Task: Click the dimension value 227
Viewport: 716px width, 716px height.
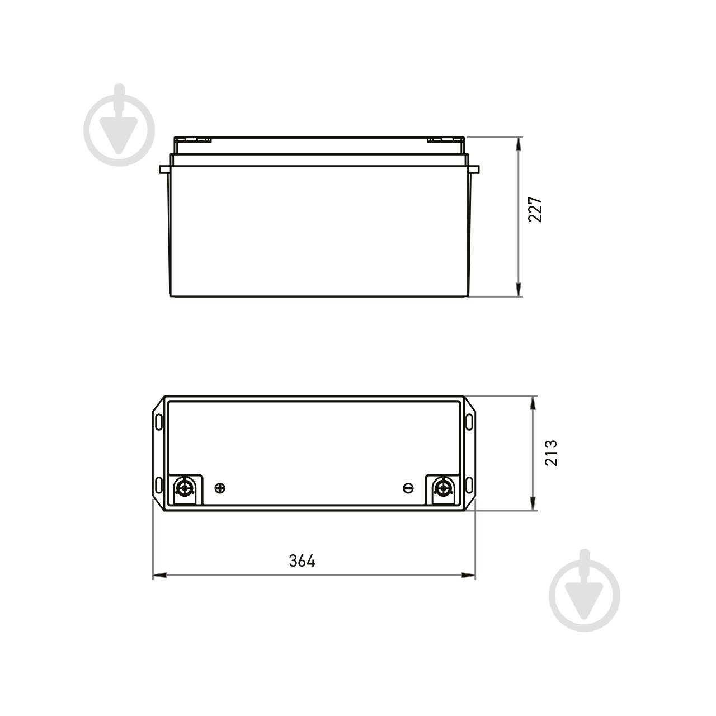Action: click(536, 209)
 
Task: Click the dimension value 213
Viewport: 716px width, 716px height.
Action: click(550, 453)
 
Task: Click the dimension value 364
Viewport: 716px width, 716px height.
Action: click(303, 560)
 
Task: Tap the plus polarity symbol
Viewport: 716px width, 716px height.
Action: click(220, 488)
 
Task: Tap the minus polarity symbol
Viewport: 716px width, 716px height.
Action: click(408, 488)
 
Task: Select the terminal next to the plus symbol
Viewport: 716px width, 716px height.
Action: click(184, 488)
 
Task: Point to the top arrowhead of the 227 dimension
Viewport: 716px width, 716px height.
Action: click(520, 142)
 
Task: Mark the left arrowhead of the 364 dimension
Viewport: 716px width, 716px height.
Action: click(159, 574)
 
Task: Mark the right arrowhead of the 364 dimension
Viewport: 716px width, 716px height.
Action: click(469, 574)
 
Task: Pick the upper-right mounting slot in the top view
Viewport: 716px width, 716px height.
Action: click(469, 420)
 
